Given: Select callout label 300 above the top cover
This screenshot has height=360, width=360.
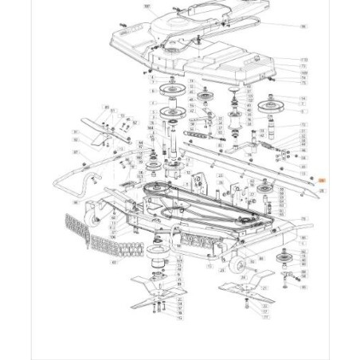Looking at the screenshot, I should click(147, 6).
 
